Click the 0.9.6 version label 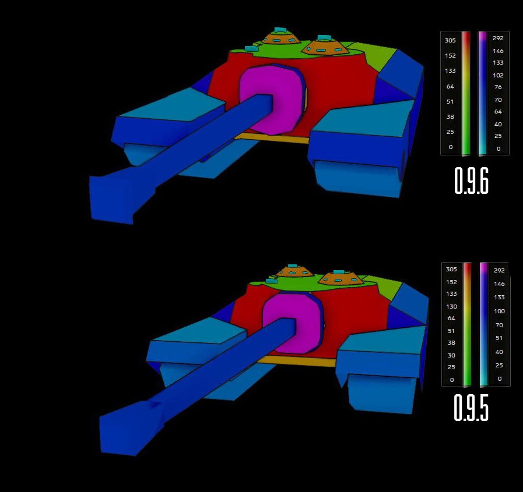[x=471, y=180]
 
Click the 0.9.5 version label [x=471, y=408]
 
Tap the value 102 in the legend [x=498, y=75]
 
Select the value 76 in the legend [x=498, y=87]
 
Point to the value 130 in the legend [x=451, y=306]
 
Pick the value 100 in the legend [x=499, y=311]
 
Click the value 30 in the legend [x=451, y=355]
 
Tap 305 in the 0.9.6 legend [x=450, y=40]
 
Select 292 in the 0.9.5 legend [x=499, y=271]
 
